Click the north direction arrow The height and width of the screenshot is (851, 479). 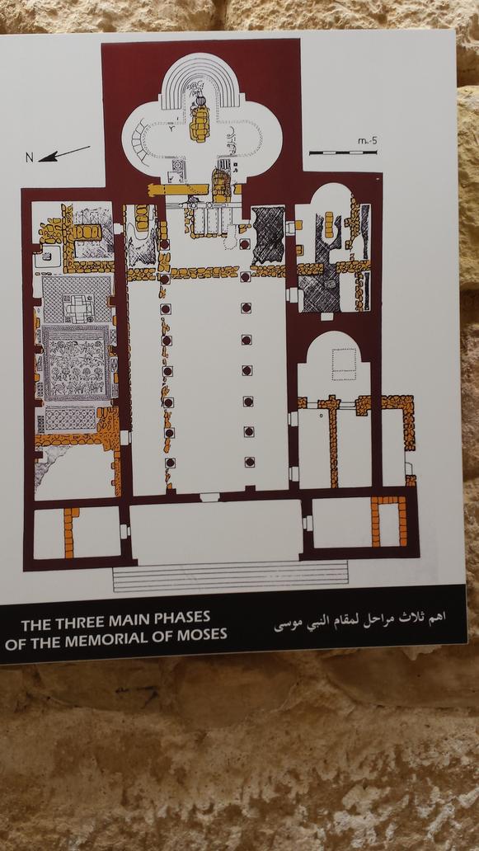click(x=64, y=153)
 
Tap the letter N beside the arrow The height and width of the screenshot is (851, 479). click(x=30, y=158)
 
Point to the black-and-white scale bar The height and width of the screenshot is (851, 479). click(x=343, y=153)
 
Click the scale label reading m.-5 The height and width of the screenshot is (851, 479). click(x=367, y=141)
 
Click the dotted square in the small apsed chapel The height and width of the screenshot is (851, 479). click(x=344, y=364)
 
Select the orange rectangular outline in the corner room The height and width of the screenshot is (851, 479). click(x=388, y=520)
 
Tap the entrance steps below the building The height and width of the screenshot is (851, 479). click(x=230, y=576)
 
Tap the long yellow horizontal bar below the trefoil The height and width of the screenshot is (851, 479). click(x=178, y=189)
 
